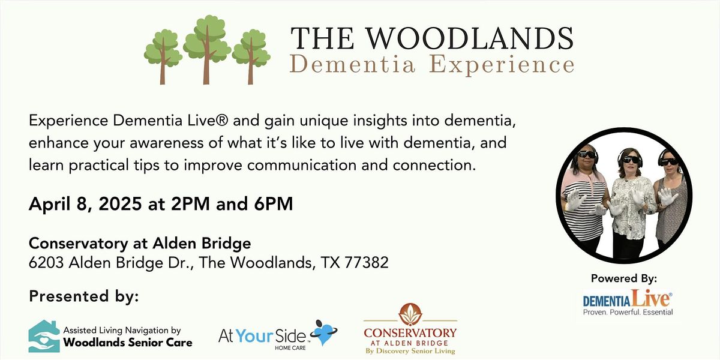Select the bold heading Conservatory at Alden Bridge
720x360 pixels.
pos(140,244)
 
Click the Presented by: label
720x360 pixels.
pos(83,296)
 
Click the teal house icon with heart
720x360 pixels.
pos(44,336)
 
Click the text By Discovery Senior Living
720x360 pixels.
pos(410,351)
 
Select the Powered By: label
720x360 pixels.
pos(624,278)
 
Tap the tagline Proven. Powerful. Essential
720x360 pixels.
pos(628,312)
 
